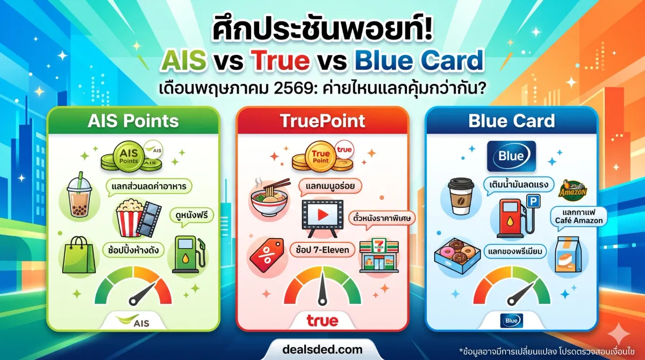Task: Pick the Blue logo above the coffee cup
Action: click(510, 156)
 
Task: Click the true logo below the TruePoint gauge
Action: click(322, 321)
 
